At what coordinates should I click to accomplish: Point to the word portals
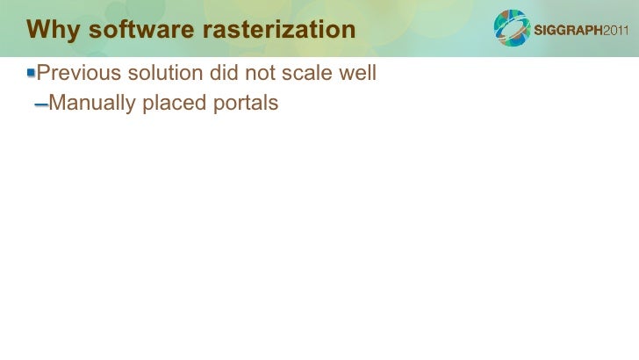click(x=245, y=104)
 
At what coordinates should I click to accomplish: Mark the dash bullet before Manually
click(x=40, y=105)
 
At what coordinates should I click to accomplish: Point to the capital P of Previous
click(x=44, y=73)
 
